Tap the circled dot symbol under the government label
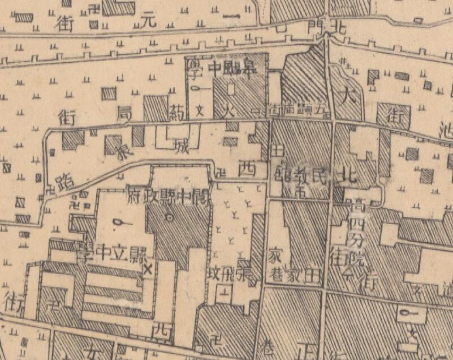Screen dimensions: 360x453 tap(169, 217)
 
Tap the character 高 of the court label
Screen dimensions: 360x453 tap(358, 203)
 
